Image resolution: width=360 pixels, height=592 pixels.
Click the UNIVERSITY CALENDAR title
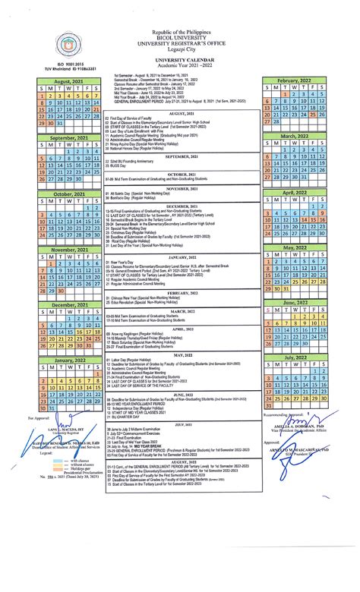[x=179, y=57]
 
